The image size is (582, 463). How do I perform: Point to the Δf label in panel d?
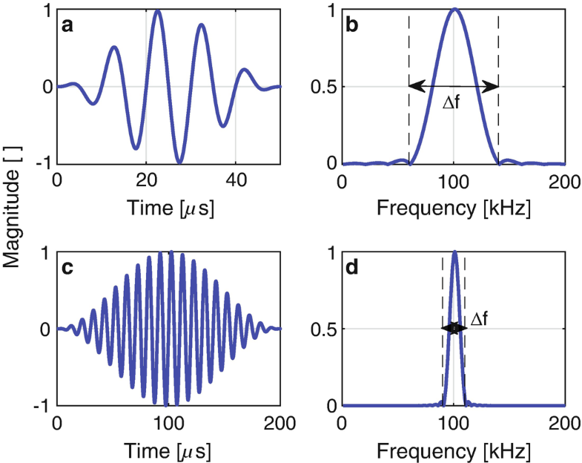[479, 318]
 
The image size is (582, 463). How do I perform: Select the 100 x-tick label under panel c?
[168, 423]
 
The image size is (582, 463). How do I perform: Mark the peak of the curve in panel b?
[454, 10]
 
